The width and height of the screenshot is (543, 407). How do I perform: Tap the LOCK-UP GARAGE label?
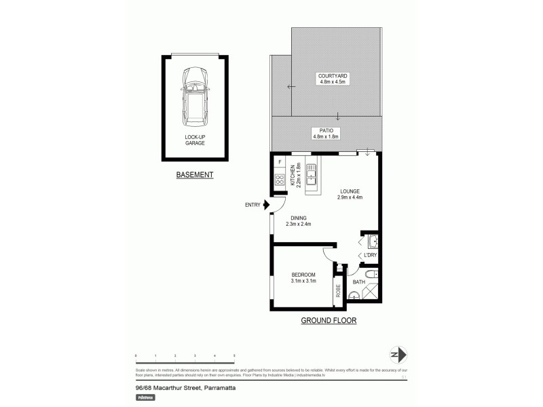point(195,140)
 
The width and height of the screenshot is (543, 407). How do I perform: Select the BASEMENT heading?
point(195,175)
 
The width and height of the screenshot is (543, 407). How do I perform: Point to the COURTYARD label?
point(333,78)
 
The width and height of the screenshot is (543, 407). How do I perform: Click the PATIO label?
point(325,133)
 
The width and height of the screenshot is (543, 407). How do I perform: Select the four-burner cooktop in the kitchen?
point(280,180)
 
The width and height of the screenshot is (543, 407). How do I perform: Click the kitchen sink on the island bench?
point(312,176)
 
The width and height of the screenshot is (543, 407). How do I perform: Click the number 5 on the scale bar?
point(234,355)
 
